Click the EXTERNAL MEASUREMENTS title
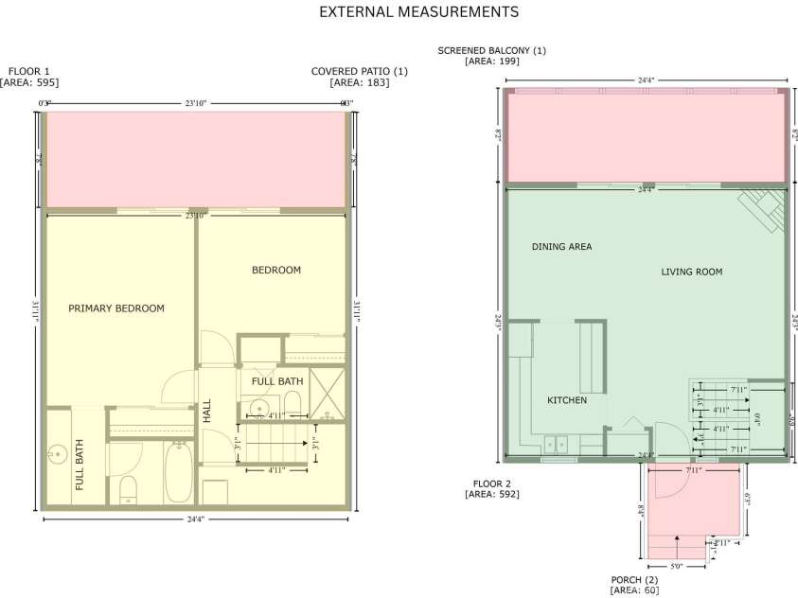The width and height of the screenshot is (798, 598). click(x=418, y=12)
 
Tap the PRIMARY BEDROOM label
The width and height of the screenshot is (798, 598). click(x=116, y=308)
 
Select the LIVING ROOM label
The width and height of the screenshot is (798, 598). click(x=691, y=273)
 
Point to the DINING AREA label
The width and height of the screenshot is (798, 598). click(x=561, y=247)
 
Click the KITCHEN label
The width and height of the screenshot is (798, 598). click(x=567, y=400)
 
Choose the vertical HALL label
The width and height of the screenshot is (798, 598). click(x=207, y=411)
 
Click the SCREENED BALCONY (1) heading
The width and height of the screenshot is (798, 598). click(x=491, y=50)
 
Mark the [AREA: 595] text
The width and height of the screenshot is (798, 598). click(x=29, y=83)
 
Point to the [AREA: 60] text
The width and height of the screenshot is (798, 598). click(x=634, y=590)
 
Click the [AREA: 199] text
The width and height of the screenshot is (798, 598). click(x=491, y=62)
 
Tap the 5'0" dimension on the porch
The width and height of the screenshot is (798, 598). click(x=676, y=566)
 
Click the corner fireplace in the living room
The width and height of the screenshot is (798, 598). click(x=765, y=207)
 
